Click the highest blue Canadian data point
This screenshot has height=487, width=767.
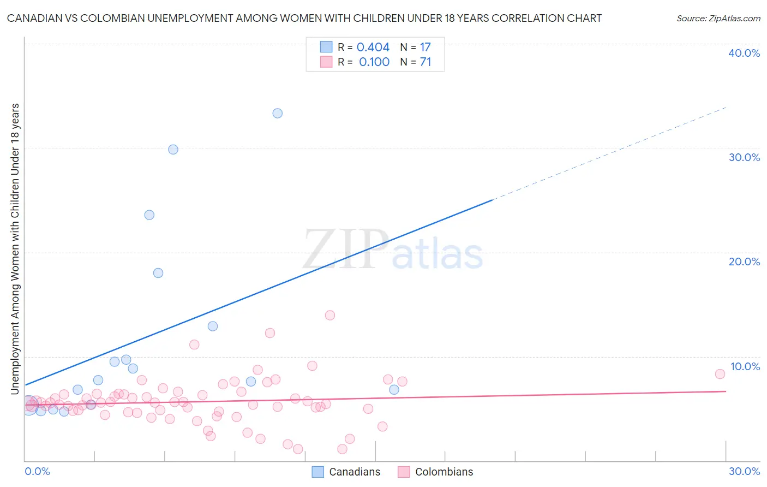point(277,114)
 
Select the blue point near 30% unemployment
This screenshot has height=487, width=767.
point(173,150)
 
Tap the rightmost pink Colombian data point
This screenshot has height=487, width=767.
point(720,374)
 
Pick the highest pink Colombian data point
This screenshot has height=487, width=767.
point(329,315)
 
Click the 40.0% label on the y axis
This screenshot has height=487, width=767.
point(744,53)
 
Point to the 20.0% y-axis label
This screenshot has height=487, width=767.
point(744,262)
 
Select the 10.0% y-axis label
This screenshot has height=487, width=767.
point(745,366)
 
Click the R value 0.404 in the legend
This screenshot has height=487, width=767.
point(373,47)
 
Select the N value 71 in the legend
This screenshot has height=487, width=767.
point(426,62)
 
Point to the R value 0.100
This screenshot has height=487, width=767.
point(374,62)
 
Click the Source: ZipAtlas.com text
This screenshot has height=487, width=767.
point(718,19)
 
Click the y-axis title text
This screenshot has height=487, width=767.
point(15,248)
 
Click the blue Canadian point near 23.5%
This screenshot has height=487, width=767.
point(149,215)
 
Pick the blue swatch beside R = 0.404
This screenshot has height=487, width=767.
point(326,47)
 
